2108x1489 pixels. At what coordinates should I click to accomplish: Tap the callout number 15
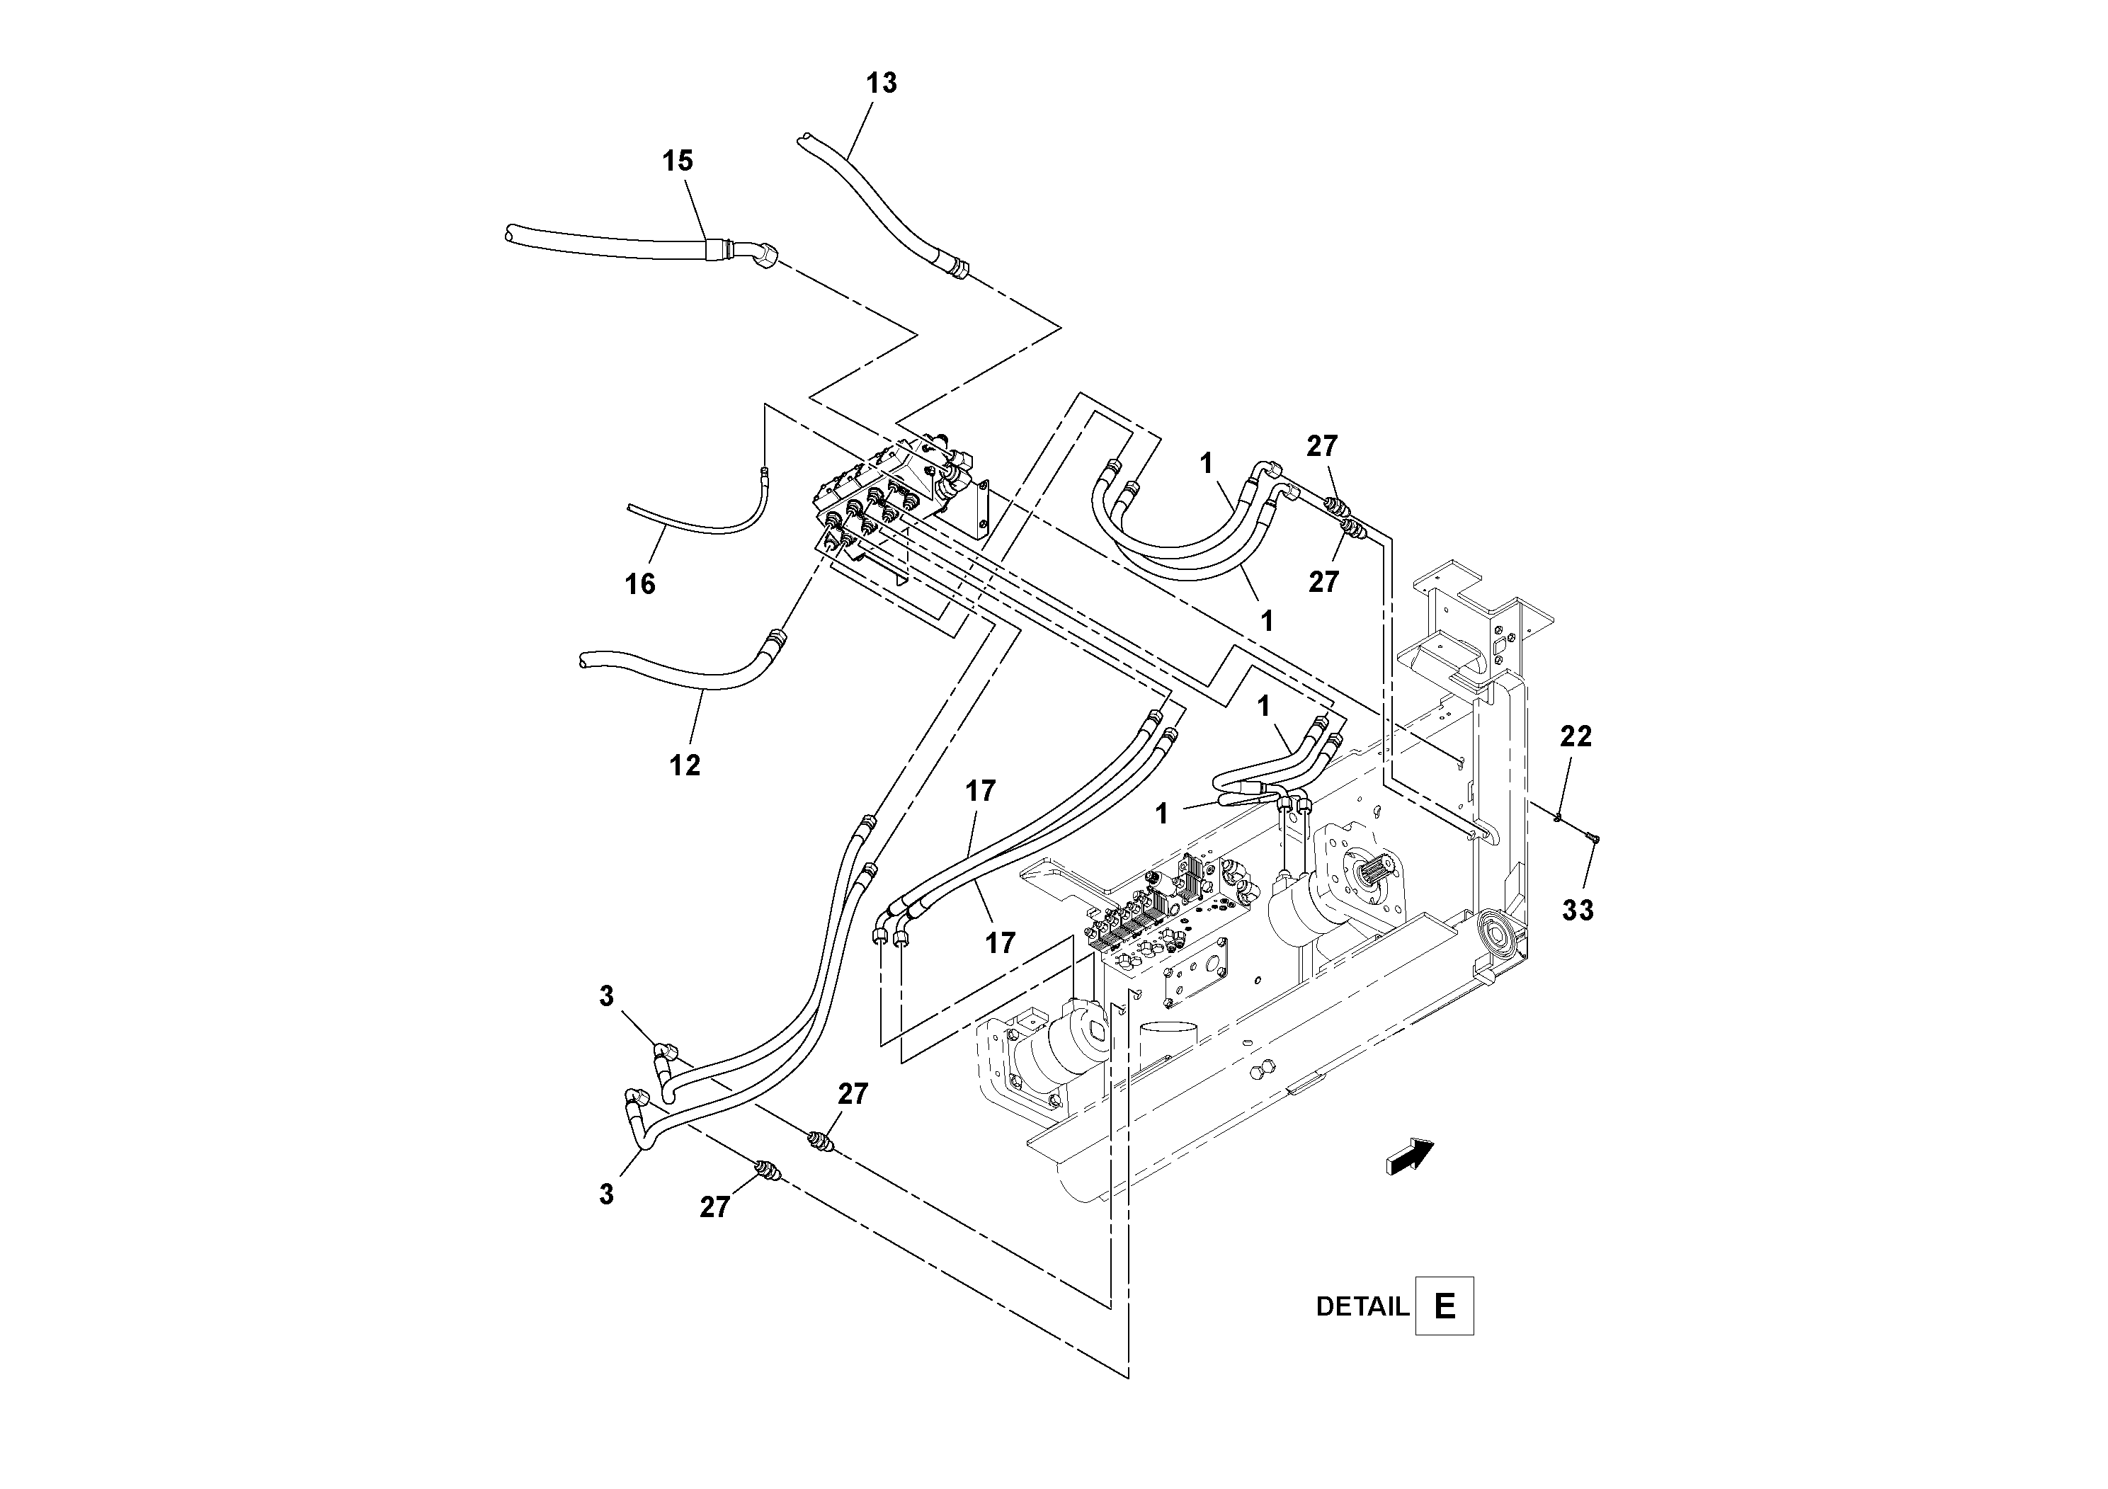click(x=678, y=161)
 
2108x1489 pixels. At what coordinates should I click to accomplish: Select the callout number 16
click(x=640, y=584)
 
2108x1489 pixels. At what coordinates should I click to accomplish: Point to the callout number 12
click(x=685, y=765)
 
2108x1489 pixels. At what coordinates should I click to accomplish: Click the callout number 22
click(x=1576, y=736)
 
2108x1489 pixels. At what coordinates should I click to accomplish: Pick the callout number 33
click(x=1578, y=911)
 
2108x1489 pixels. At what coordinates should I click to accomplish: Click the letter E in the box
click(x=1445, y=1306)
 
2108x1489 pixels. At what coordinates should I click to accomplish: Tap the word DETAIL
click(x=1362, y=1307)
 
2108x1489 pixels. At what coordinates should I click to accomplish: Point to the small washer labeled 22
click(x=1559, y=816)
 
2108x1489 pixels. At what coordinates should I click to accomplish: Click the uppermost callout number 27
click(x=1322, y=447)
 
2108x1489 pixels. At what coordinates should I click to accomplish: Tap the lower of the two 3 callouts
click(x=606, y=1194)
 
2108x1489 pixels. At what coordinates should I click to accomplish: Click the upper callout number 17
click(x=979, y=792)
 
